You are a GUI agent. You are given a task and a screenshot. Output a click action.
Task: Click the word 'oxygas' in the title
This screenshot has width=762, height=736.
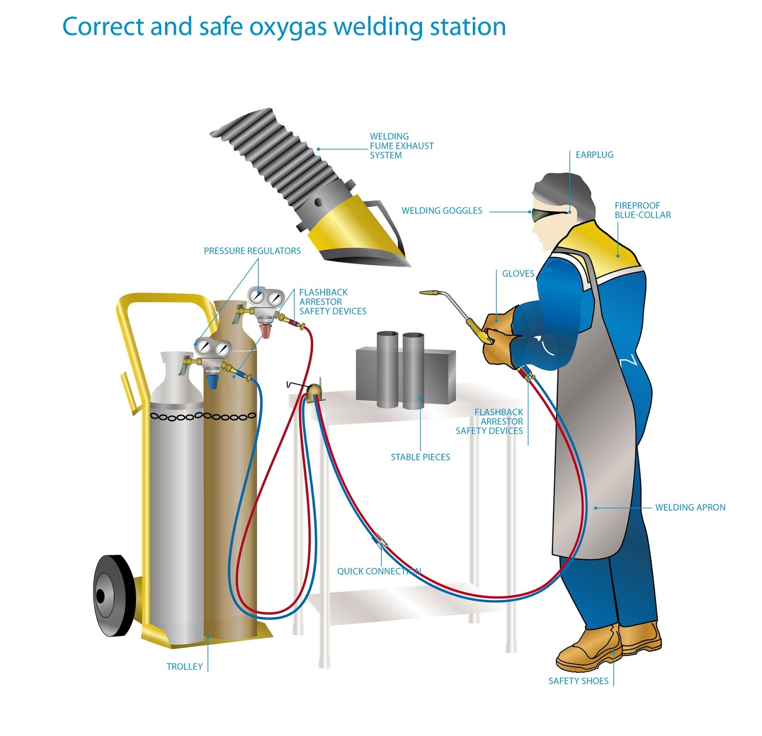click(x=289, y=27)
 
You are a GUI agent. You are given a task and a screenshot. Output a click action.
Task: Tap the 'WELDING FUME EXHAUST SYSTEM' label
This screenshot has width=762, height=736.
click(x=401, y=146)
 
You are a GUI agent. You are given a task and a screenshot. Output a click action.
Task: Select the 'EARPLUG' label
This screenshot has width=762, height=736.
click(x=594, y=155)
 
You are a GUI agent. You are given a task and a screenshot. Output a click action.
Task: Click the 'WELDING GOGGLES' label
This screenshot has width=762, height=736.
click(x=441, y=210)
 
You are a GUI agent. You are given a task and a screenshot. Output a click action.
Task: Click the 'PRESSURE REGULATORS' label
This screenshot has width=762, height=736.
click(x=252, y=251)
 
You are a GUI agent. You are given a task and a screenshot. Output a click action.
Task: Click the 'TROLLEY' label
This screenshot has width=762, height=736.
click(x=184, y=666)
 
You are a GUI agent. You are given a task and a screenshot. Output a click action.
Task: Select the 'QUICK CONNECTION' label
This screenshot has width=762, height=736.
click(x=379, y=571)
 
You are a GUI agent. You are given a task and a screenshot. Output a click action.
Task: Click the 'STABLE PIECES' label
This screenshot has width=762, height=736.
click(x=420, y=457)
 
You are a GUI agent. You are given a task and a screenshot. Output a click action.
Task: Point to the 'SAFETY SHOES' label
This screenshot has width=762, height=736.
click(x=578, y=681)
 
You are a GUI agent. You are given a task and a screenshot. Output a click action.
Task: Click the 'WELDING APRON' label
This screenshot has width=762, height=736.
click(x=690, y=507)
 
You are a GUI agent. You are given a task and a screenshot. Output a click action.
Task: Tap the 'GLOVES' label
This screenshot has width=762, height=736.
click(x=518, y=274)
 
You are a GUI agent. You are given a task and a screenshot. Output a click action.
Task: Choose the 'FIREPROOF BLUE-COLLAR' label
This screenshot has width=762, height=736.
click(x=642, y=210)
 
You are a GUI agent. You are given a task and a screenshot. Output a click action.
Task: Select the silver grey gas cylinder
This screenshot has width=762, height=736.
click(x=176, y=500)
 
